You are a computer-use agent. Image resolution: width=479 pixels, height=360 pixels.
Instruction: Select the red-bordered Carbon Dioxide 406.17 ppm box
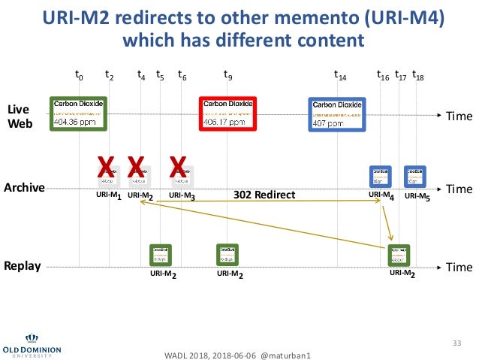tap(228, 113)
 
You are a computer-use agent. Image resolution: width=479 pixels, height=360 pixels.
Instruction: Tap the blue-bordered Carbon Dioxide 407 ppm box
tap(338, 115)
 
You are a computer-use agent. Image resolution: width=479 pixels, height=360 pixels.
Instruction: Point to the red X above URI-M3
tap(178, 166)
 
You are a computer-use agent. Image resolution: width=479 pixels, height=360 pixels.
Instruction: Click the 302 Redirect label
tap(264, 195)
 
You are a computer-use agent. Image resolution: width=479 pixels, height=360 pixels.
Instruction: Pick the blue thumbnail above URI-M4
tap(381, 177)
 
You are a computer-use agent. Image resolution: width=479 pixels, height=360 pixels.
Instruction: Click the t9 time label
tap(228, 75)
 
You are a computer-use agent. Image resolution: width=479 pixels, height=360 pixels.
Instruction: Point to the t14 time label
tap(339, 75)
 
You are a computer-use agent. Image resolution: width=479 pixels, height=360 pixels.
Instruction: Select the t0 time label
tap(79, 75)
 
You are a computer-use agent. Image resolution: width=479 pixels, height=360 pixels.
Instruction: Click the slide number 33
tap(453, 343)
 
